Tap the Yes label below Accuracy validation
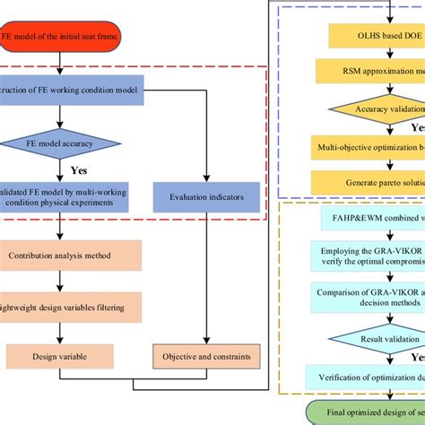click(417, 126)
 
